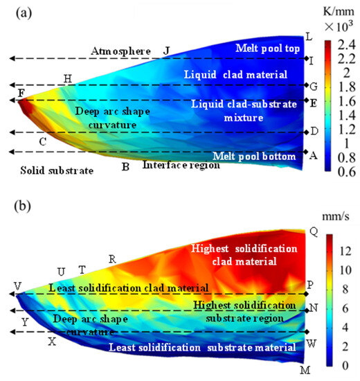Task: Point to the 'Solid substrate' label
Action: click(46, 170)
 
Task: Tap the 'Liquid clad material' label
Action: click(231, 73)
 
